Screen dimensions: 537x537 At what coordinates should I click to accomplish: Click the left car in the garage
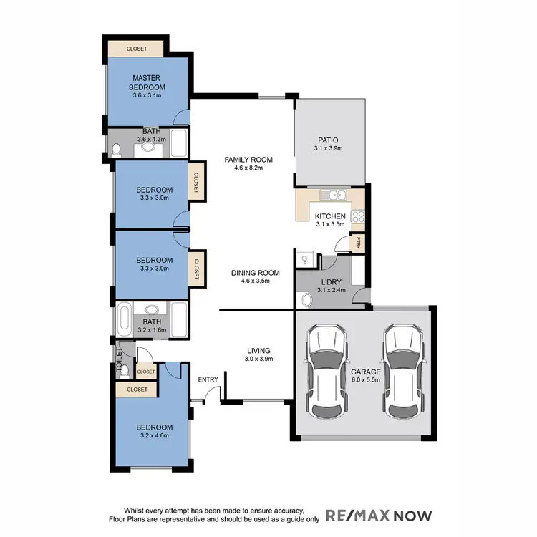(326, 372)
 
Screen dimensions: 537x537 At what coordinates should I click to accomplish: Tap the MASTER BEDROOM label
(147, 82)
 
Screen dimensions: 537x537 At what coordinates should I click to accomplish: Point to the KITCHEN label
(330, 216)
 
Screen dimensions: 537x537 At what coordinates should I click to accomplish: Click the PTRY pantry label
(356, 243)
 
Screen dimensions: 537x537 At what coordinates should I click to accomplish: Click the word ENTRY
(208, 379)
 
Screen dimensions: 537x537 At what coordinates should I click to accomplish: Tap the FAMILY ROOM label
(248, 159)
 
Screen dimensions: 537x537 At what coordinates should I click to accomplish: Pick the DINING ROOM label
(255, 273)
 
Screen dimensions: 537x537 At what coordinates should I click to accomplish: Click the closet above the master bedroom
(136, 49)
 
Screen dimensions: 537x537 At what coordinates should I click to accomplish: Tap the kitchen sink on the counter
(333, 195)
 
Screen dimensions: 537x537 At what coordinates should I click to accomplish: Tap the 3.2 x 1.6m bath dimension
(152, 330)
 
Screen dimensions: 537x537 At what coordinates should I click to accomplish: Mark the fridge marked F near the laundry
(304, 260)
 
